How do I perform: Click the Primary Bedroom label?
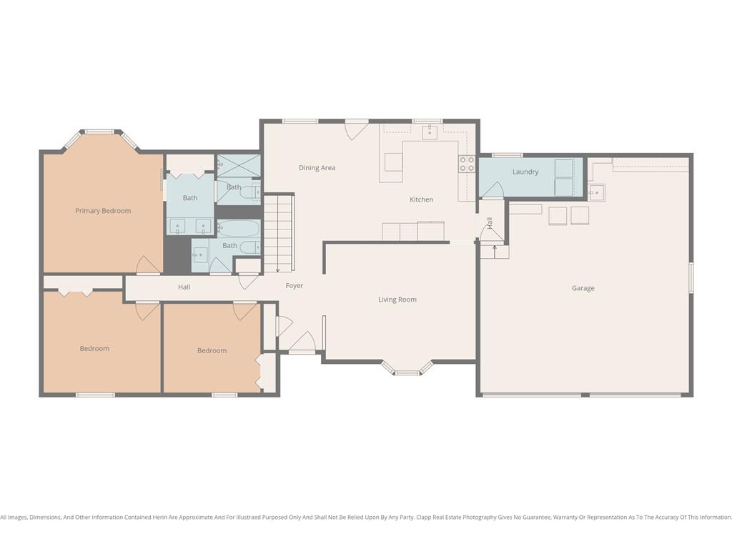(103, 211)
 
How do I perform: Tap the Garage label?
(583, 288)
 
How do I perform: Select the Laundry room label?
(525, 172)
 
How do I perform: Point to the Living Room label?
(397, 300)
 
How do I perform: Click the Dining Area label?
(317, 167)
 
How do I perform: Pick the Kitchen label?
(422, 199)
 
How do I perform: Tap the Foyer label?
(294, 285)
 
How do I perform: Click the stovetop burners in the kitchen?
(467, 164)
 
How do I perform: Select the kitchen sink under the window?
(430, 132)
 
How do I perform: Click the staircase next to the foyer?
(279, 234)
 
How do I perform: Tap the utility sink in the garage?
(596, 192)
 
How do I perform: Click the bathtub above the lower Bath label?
(238, 229)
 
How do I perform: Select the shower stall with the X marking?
(239, 166)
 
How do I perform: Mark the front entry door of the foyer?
(302, 342)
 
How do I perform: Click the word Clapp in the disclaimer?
(425, 518)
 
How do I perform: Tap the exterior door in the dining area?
(356, 130)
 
